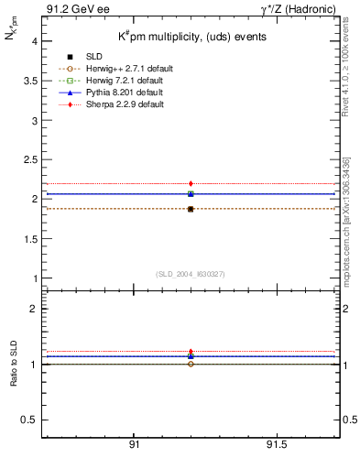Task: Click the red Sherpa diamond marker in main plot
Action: tap(191, 184)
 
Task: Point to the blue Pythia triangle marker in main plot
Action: tap(191, 193)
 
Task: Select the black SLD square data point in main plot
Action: tap(191, 210)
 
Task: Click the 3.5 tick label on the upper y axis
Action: tap(30, 82)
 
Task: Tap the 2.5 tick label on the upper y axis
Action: tap(30, 159)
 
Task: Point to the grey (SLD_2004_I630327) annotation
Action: tap(191, 274)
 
